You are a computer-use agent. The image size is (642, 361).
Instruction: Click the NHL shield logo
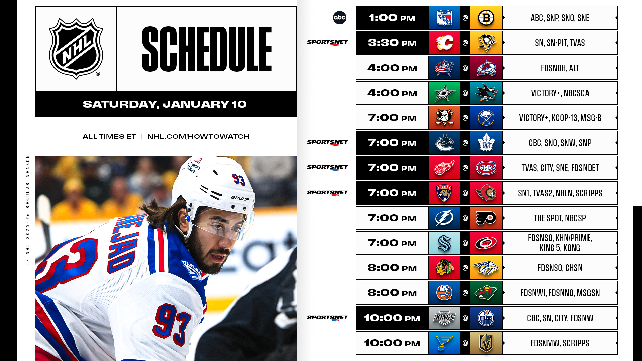pos(76,49)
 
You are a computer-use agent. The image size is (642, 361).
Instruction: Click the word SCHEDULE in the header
pos(207,49)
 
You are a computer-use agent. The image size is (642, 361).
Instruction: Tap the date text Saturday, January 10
pos(165,104)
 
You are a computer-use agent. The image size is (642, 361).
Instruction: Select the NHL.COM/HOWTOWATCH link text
pos(199,136)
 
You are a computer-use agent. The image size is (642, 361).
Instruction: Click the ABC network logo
pos(339,18)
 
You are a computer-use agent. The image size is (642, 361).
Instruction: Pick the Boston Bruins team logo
pos(486,18)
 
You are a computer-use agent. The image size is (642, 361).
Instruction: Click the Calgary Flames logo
pos(444,43)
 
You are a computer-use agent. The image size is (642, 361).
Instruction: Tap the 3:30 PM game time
pos(392,43)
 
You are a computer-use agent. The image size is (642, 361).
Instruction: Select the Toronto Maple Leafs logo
pos(486,143)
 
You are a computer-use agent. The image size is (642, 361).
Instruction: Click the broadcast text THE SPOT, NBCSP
pos(560,218)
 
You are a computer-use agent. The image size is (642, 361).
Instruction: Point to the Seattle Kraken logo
pos(444,243)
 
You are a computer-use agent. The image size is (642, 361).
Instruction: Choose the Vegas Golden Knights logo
pos(486,343)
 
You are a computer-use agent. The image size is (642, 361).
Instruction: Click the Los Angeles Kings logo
pos(444,318)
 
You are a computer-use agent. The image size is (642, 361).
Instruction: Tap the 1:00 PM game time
pos(392,18)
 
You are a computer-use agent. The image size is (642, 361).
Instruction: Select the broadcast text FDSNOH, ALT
pos(560,68)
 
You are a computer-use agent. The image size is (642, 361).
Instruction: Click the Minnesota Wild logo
pos(486,293)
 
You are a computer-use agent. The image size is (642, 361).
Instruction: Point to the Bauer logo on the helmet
pos(240,198)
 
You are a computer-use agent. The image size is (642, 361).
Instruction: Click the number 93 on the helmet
pos(239,179)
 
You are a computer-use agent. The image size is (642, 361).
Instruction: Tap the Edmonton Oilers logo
pos(486,318)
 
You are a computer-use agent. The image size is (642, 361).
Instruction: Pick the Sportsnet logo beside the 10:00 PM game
pos(327,318)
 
